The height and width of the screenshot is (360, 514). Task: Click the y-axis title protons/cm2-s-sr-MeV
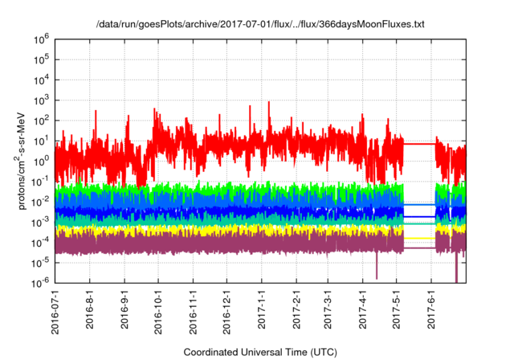(24, 160)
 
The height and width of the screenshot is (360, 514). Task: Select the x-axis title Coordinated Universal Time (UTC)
(259, 352)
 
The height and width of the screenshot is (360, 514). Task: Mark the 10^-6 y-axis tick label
(41, 283)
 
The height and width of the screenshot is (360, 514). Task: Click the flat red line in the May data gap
(419, 143)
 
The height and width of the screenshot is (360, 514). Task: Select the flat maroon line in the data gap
(419, 248)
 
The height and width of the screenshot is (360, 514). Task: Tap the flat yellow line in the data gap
(419, 239)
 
